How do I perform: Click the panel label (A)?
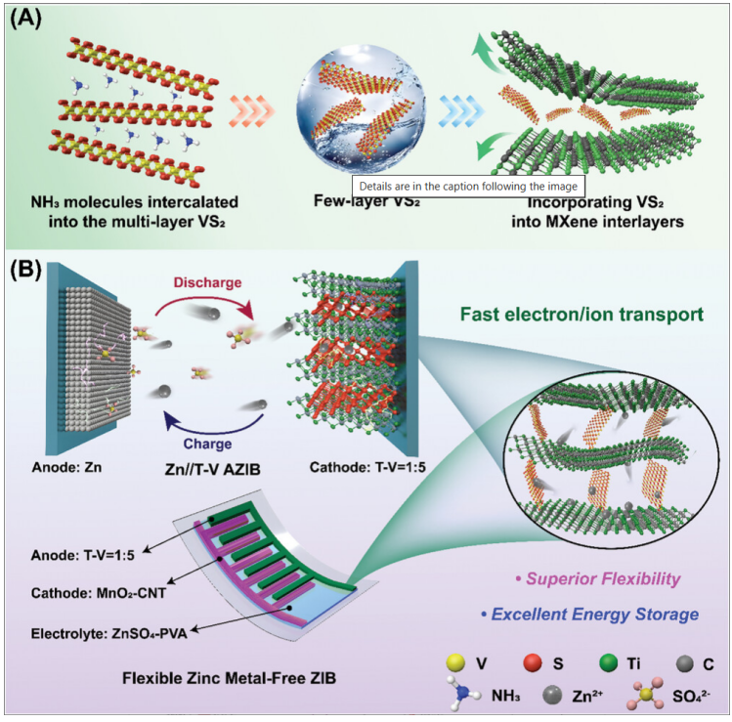pos(25,19)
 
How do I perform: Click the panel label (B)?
pos(25,270)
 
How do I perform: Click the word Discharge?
pos(207,282)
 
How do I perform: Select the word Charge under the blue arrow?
pos(207,444)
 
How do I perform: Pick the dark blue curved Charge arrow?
pos(212,425)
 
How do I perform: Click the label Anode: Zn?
pos(66,467)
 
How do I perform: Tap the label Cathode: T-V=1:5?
pos(367,467)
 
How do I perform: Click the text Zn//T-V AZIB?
pos(212,469)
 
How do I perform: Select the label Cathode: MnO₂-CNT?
pos(99,593)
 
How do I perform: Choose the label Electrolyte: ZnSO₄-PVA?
pos(108,633)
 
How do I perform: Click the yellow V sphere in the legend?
pos(455,662)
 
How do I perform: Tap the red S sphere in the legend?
pos(533,662)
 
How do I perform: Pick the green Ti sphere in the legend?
pos(608,662)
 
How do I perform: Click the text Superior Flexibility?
pos(598,578)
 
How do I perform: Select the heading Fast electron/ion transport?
pos(581,314)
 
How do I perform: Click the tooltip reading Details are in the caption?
pos(468,187)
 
